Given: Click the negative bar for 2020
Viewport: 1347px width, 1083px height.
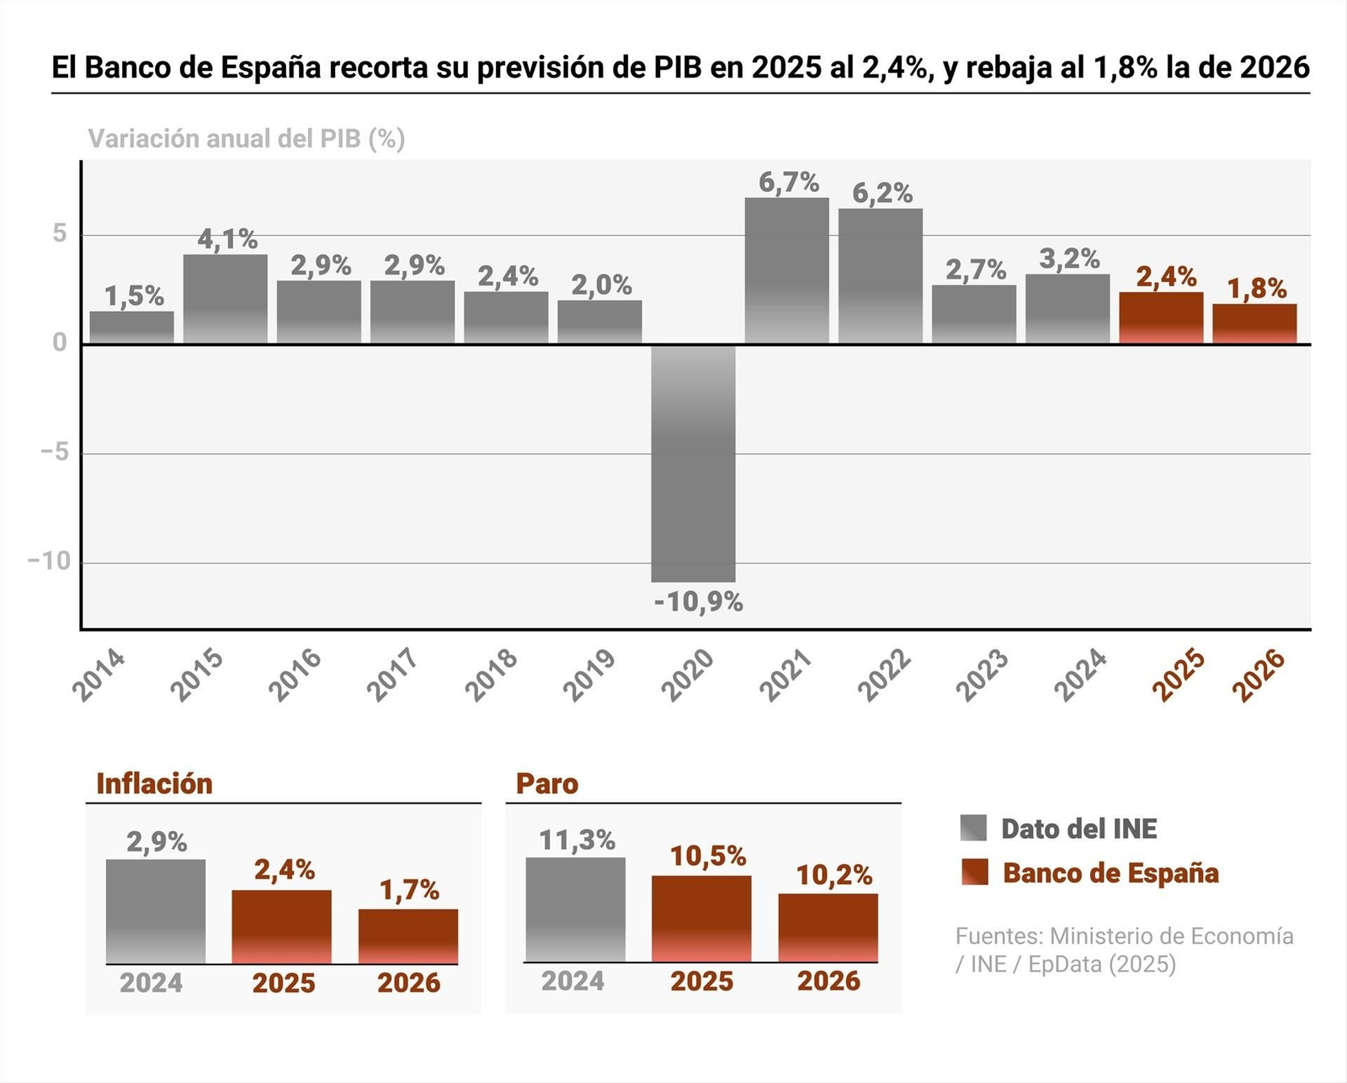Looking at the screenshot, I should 693,463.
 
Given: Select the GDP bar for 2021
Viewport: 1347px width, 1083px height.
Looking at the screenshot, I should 786,270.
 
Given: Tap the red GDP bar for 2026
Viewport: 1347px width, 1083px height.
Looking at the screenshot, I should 1254,323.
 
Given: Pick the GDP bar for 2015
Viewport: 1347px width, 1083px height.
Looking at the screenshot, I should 225,299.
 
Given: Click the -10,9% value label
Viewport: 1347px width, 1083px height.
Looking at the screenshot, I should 698,602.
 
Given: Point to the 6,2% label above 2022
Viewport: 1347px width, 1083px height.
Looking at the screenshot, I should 882,194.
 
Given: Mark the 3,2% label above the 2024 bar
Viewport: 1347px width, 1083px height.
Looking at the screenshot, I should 1068,259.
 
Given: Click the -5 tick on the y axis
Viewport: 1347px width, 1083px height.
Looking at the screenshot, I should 55,453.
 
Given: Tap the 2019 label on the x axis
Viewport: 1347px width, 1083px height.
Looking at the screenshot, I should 589,675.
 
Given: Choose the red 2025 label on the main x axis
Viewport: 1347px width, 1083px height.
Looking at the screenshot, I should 1179,675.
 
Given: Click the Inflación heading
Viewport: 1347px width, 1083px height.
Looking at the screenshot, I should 154,784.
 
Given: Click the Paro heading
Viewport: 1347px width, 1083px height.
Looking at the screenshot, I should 546,784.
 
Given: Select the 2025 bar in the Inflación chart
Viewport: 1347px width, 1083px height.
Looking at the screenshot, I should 281,926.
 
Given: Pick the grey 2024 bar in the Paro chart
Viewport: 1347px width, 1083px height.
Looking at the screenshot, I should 575,910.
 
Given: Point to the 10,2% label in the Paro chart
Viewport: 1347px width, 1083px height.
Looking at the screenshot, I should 833,876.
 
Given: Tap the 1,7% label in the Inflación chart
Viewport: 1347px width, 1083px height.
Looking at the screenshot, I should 409,890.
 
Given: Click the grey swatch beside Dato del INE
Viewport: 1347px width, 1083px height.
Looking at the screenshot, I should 973,828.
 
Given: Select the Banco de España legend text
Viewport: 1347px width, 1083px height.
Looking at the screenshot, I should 1110,873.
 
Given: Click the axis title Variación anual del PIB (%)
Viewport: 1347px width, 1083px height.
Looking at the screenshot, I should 247,139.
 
